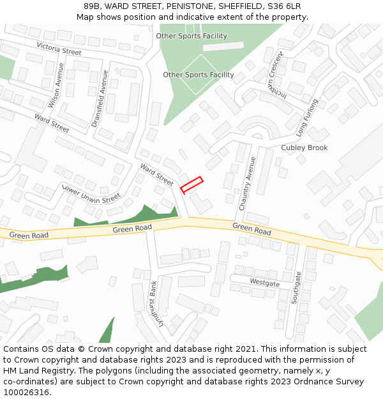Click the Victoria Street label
(x=59, y=48)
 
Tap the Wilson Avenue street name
(x=56, y=86)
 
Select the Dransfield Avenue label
(x=100, y=98)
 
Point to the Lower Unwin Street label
(x=91, y=194)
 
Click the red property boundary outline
(x=191, y=184)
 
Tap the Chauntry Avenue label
(x=247, y=183)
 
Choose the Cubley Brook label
(x=304, y=147)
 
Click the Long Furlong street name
(x=307, y=118)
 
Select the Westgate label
(x=264, y=282)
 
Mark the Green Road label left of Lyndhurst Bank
(x=132, y=229)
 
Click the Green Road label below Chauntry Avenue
(x=252, y=228)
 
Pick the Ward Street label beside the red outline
(x=156, y=175)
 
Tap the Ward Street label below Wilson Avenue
(x=52, y=123)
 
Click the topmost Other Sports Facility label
(x=191, y=36)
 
